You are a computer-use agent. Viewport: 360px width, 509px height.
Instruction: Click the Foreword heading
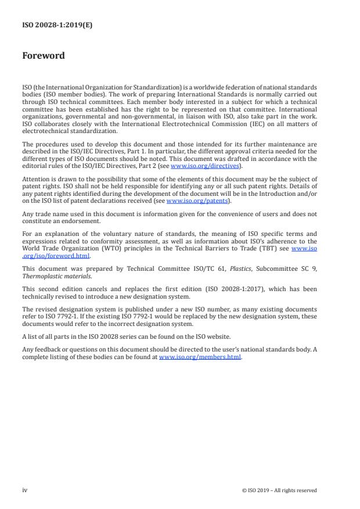point(44,56)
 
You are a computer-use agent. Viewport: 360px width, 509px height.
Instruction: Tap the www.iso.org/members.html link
point(200,357)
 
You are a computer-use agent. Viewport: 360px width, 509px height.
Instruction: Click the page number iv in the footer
point(24,490)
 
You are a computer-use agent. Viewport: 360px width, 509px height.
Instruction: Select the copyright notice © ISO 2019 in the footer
point(279,490)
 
